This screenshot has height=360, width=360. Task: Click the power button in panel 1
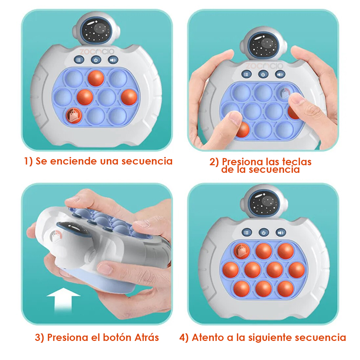click(96, 60)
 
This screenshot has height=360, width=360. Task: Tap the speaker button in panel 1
click(113, 60)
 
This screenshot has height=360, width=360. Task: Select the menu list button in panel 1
click(79, 60)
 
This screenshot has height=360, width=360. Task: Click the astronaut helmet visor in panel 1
click(96, 30)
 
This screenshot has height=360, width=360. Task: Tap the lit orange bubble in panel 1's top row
click(96, 78)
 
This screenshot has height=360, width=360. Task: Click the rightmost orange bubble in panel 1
click(129, 97)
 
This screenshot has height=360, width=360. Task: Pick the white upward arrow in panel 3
click(63, 300)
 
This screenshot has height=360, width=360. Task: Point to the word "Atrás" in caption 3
click(147, 337)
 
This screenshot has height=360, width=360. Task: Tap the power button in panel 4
click(264, 233)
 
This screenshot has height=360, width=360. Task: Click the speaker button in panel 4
click(280, 233)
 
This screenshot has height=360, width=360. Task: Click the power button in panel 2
click(263, 75)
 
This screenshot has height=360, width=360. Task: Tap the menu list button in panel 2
click(246, 74)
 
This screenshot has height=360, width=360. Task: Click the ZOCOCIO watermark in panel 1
click(96, 51)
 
